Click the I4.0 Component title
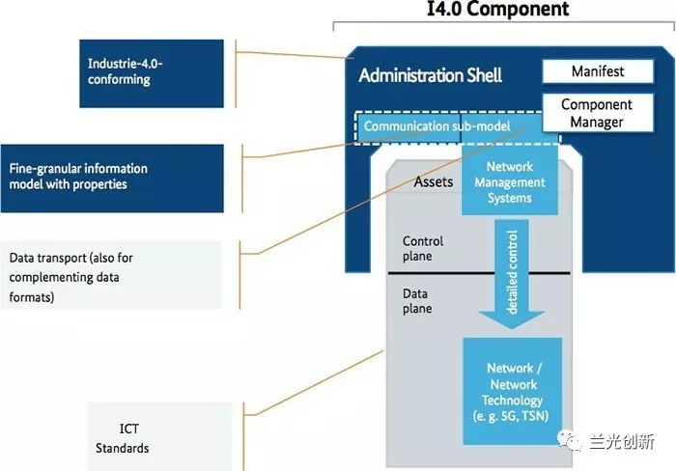pyautogui.click(x=497, y=11)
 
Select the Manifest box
pyautogui.click(x=598, y=71)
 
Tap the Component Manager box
pyautogui.click(x=597, y=113)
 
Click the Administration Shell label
pyautogui.click(x=430, y=75)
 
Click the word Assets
pyautogui.click(x=434, y=181)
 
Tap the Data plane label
pyautogui.click(x=417, y=301)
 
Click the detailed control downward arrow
pyautogui.click(x=513, y=275)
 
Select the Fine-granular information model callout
pyautogui.click(x=112, y=177)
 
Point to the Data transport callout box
pyautogui.click(x=111, y=275)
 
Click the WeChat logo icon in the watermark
pyautogui.click(x=577, y=442)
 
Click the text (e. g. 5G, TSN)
pyautogui.click(x=514, y=417)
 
